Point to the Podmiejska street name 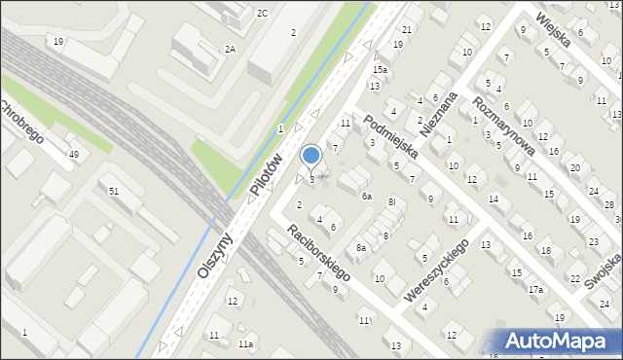pos(391,136)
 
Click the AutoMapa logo pos(556,341)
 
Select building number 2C pos(262,13)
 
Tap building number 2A pos(230,49)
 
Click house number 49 pos(73,155)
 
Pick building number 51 pos(114,191)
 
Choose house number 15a pos(381,70)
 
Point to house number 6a pos(367,197)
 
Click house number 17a pos(535,289)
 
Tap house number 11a pos(247,344)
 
